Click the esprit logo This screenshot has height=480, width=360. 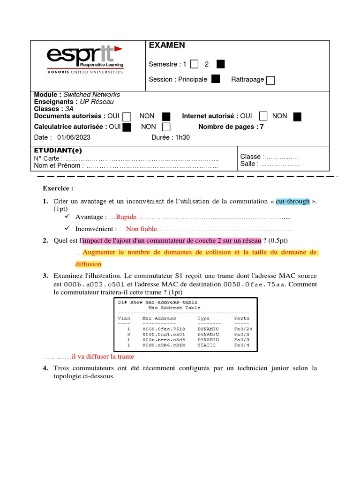85,60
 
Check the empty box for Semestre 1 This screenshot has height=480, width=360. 195,64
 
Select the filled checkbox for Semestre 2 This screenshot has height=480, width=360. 221,64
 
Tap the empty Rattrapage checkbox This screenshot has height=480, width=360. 270,80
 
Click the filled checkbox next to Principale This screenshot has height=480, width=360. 216,79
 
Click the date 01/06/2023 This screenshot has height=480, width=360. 74,137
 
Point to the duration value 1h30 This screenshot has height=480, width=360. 183,137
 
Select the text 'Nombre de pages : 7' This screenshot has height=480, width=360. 231,127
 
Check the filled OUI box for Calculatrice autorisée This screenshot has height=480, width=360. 127,127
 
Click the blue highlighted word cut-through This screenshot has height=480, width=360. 292,201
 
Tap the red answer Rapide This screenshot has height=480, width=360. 126,217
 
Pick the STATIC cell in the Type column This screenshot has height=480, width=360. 207,345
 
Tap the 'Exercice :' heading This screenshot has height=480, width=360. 58,188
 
